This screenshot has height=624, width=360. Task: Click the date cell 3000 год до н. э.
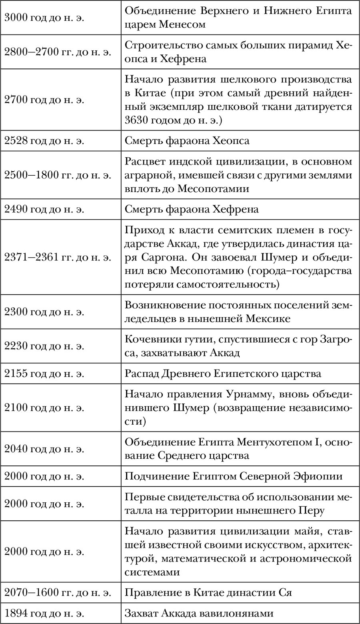tap(44, 18)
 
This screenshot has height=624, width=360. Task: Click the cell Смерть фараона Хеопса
tap(187, 140)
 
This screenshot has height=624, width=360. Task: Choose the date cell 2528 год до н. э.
tap(44, 140)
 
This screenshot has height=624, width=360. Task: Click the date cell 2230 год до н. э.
tap(44, 346)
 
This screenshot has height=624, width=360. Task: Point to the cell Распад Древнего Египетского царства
tap(223, 374)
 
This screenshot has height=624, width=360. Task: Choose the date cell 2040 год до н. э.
tap(44, 449)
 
